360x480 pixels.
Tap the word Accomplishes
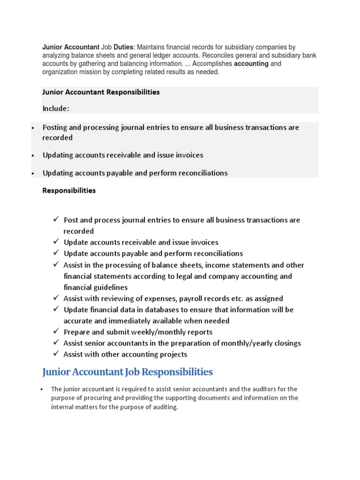coord(210,64)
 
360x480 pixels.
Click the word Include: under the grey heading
coord(56,108)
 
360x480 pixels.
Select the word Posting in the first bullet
coord(56,127)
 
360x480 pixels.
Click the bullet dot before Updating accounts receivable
coord(33,156)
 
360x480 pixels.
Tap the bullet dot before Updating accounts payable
coord(33,173)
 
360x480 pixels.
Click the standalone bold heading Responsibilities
coord(69,191)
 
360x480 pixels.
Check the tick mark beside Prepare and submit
coord(55,332)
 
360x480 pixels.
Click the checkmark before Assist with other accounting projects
coord(55,354)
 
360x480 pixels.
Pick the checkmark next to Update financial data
coord(55,309)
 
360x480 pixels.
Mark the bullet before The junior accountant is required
coord(42,390)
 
